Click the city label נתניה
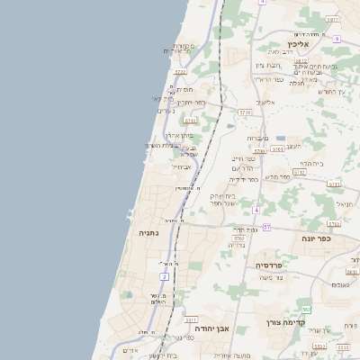pos(148,232)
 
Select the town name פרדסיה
pos(270,265)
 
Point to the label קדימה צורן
pos(286,321)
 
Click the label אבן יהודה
pos(212,328)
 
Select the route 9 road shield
pos(336,39)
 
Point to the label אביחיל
pos(181,166)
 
